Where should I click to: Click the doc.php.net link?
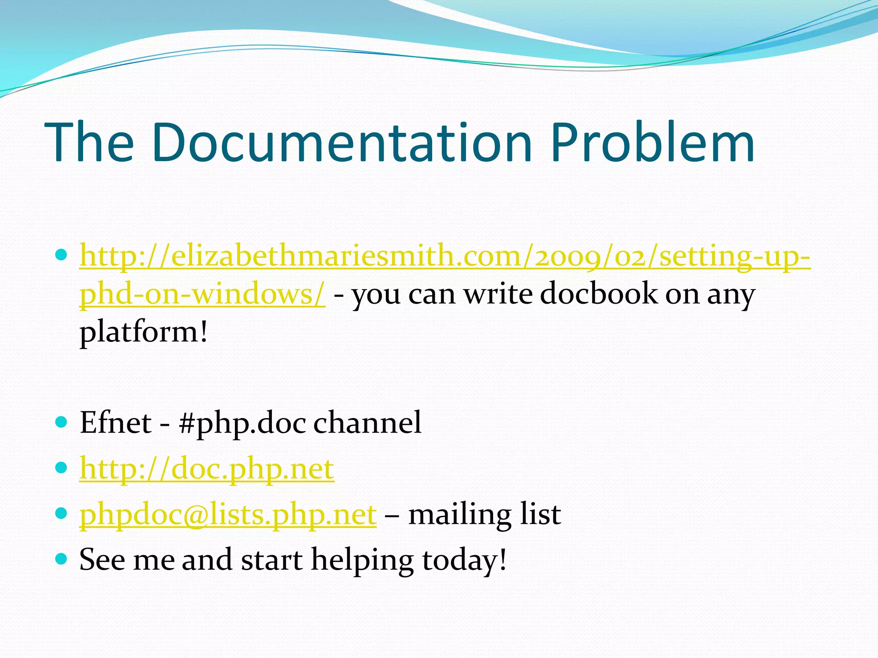[207, 469]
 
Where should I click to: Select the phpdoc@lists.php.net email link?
[228, 514]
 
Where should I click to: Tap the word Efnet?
[115, 423]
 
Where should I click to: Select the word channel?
[367, 423]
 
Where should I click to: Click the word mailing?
[459, 514]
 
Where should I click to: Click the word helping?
[362, 560]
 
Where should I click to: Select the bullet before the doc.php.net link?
[62, 467]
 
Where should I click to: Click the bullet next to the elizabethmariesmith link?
[62, 255]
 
